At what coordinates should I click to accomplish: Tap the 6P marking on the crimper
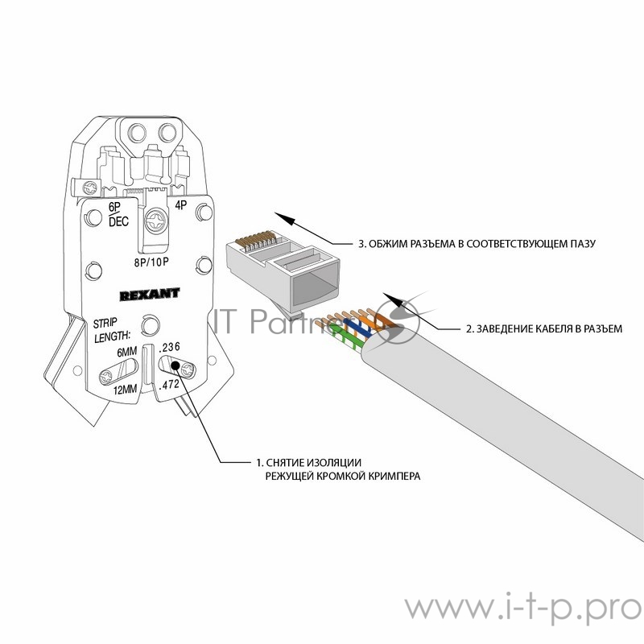pos(114,206)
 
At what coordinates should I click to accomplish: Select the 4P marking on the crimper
pos(181,204)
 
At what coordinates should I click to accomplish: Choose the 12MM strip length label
pos(126,390)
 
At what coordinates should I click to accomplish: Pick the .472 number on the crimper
pos(170,386)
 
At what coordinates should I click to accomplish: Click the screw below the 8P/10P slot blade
pos(155,221)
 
